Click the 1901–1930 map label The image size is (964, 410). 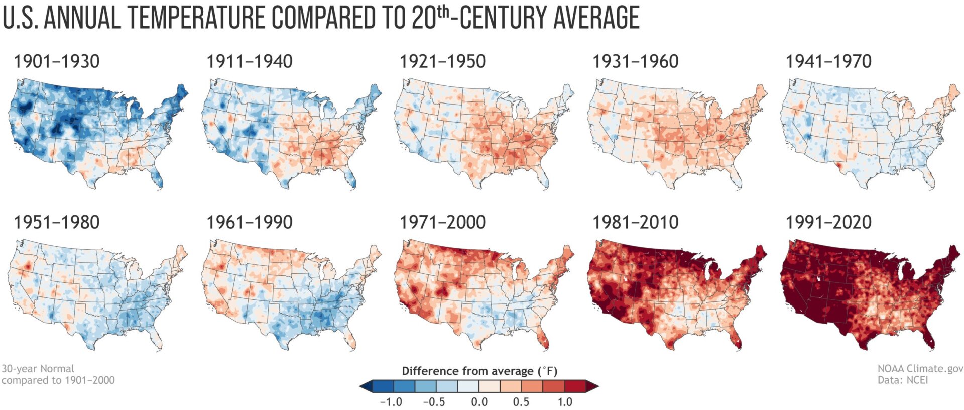pos(56,62)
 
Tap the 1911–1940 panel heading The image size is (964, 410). pos(250,62)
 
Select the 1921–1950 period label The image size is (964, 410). pos(442,62)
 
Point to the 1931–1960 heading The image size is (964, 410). pos(635,62)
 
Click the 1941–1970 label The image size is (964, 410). pos(828,62)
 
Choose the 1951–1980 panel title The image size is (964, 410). pos(56,223)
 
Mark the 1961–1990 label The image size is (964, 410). pos(250,223)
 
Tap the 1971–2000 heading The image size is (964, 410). pos(442,223)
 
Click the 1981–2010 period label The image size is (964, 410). pos(635,223)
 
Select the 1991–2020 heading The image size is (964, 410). pos(828,223)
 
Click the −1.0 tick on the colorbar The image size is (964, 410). pos(391,402)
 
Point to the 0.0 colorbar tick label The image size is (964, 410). pos(479,402)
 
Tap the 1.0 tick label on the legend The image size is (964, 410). pos(564,402)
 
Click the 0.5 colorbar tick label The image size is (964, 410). pos(521,402)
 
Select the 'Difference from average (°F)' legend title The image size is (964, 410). pos(479,371)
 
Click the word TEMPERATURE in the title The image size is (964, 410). pos(196,18)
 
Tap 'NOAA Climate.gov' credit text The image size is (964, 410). pos(920,369)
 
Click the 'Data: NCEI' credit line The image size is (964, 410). pos(902,380)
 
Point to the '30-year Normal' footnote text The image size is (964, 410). pos(38,369)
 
